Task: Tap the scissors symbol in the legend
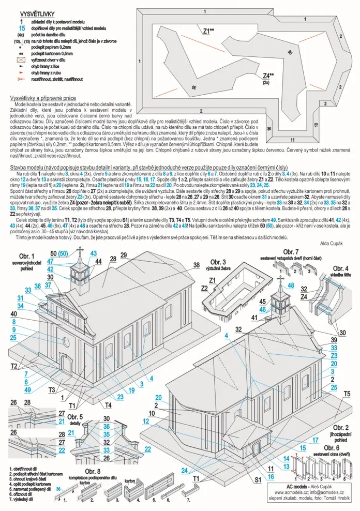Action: point(21,79)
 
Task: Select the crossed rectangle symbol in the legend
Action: point(21,60)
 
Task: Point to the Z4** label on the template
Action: point(268,75)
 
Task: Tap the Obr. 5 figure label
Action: point(77,417)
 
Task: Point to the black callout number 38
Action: point(197,265)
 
